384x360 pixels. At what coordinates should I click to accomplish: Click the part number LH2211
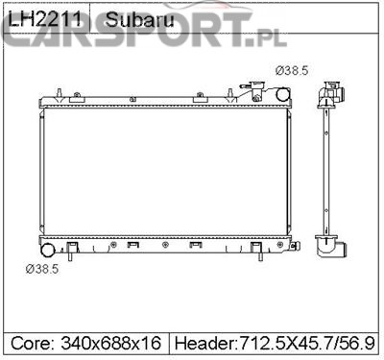coord(44,19)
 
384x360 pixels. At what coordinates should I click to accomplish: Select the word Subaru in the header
coord(139,19)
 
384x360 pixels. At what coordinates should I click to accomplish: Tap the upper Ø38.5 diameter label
coord(292,70)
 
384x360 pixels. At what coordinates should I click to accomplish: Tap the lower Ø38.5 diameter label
coord(42,269)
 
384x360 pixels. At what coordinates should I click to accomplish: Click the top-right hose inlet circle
coord(283,94)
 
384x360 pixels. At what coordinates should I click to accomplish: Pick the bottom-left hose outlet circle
coord(48,250)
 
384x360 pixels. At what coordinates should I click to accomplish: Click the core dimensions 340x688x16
coord(110,343)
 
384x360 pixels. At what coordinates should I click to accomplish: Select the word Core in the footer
coord(30,343)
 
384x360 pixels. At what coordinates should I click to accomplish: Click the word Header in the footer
coord(204,343)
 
